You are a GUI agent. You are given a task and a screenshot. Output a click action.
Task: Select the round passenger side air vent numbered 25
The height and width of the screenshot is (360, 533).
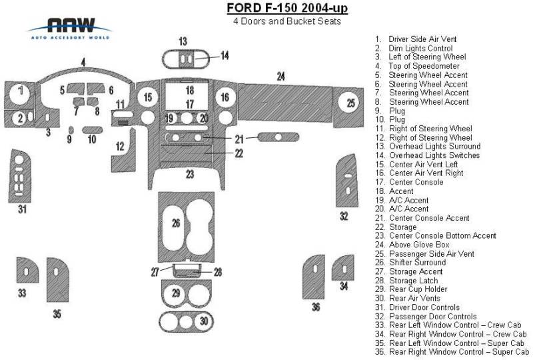[350, 103]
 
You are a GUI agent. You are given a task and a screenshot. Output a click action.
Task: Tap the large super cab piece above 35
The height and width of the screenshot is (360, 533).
[57, 279]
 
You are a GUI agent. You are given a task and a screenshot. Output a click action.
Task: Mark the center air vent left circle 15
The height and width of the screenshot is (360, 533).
[147, 98]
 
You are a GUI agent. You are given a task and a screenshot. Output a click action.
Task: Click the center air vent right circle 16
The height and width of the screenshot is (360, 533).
[225, 98]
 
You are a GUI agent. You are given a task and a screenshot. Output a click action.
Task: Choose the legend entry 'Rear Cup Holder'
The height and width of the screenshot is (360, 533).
[420, 289]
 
